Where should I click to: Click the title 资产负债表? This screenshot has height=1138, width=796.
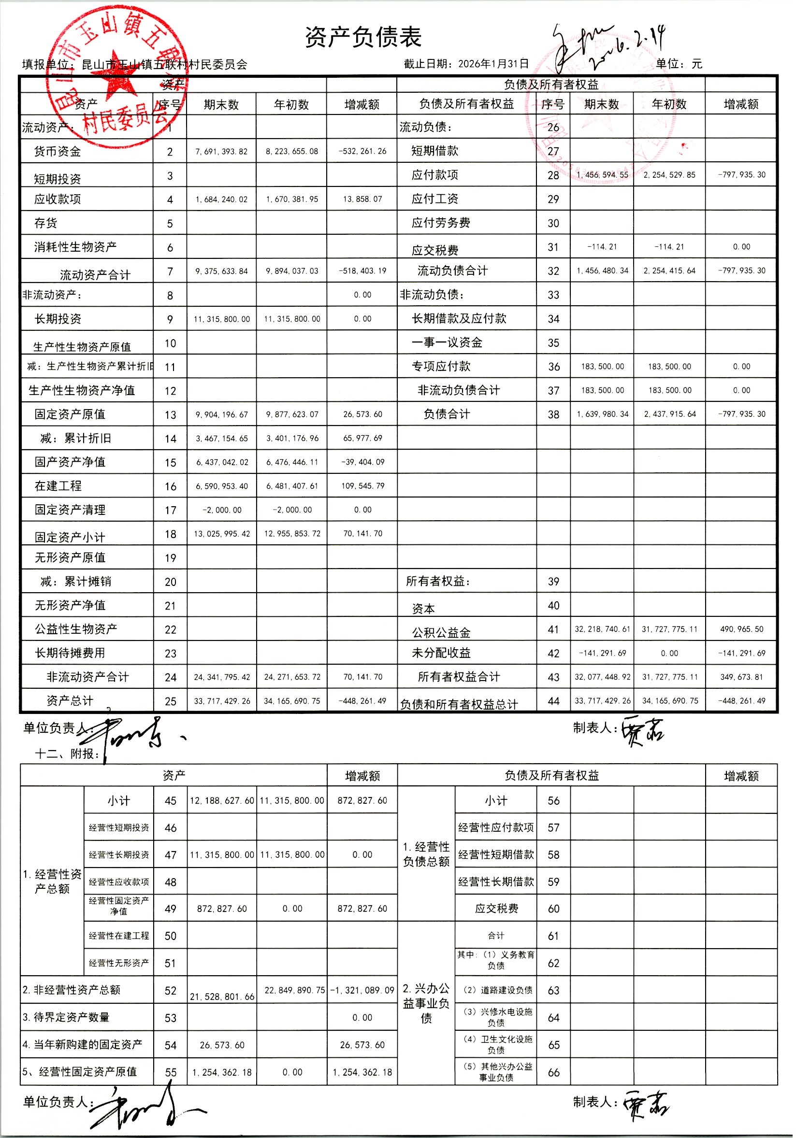point(363,38)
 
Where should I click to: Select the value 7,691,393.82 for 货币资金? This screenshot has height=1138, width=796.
point(221,152)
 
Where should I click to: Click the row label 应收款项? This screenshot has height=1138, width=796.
point(58,199)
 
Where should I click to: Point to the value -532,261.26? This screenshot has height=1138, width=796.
point(362,152)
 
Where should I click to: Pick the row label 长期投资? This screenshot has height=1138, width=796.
point(58,319)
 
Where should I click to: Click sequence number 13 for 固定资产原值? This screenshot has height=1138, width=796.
point(170,415)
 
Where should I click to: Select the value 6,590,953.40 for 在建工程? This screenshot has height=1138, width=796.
point(222,486)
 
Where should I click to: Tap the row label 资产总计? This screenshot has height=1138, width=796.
point(70,700)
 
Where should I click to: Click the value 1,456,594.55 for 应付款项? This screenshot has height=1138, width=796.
point(602,175)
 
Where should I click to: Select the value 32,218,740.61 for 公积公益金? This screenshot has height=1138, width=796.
point(602,629)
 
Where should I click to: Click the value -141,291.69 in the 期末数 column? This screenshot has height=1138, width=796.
point(602,653)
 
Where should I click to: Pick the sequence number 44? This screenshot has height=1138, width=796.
point(553,701)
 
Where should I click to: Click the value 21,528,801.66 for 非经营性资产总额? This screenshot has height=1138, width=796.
point(222,997)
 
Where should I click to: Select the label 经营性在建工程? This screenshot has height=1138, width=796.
point(119,936)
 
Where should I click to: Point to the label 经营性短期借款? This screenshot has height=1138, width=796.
point(496,854)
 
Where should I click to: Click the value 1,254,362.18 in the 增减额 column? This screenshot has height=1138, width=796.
point(362,1072)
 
